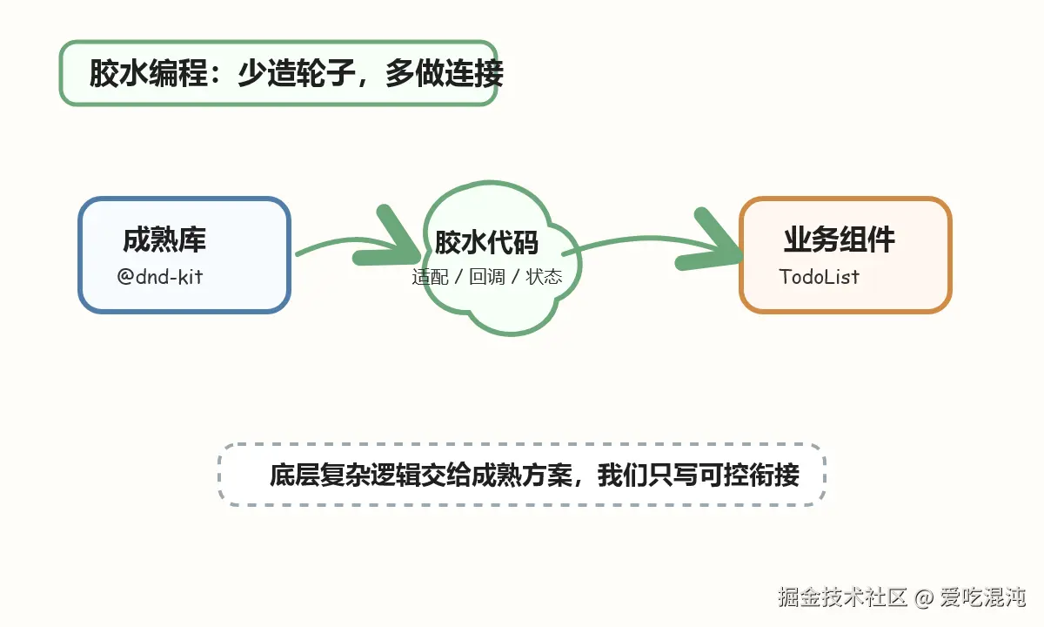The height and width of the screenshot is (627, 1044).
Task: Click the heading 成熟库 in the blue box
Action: (164, 239)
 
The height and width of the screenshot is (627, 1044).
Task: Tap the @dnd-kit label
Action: (160, 277)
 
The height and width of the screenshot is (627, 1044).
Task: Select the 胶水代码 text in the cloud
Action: (486, 242)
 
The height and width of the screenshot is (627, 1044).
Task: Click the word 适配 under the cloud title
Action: (430, 277)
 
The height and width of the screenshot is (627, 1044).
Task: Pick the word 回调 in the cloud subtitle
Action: (487, 277)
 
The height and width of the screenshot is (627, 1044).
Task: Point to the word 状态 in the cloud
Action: (544, 277)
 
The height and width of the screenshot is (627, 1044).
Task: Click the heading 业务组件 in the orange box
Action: (840, 239)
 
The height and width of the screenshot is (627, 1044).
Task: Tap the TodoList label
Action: (819, 277)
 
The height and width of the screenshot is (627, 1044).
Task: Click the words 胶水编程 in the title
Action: (148, 73)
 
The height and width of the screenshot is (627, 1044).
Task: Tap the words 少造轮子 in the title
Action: (297, 73)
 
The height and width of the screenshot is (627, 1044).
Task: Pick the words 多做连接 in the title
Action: (445, 73)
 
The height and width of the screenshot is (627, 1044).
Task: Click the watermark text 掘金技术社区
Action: (843, 597)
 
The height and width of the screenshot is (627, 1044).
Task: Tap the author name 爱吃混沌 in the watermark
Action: (982, 597)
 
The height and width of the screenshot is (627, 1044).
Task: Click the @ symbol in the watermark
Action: (924, 597)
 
